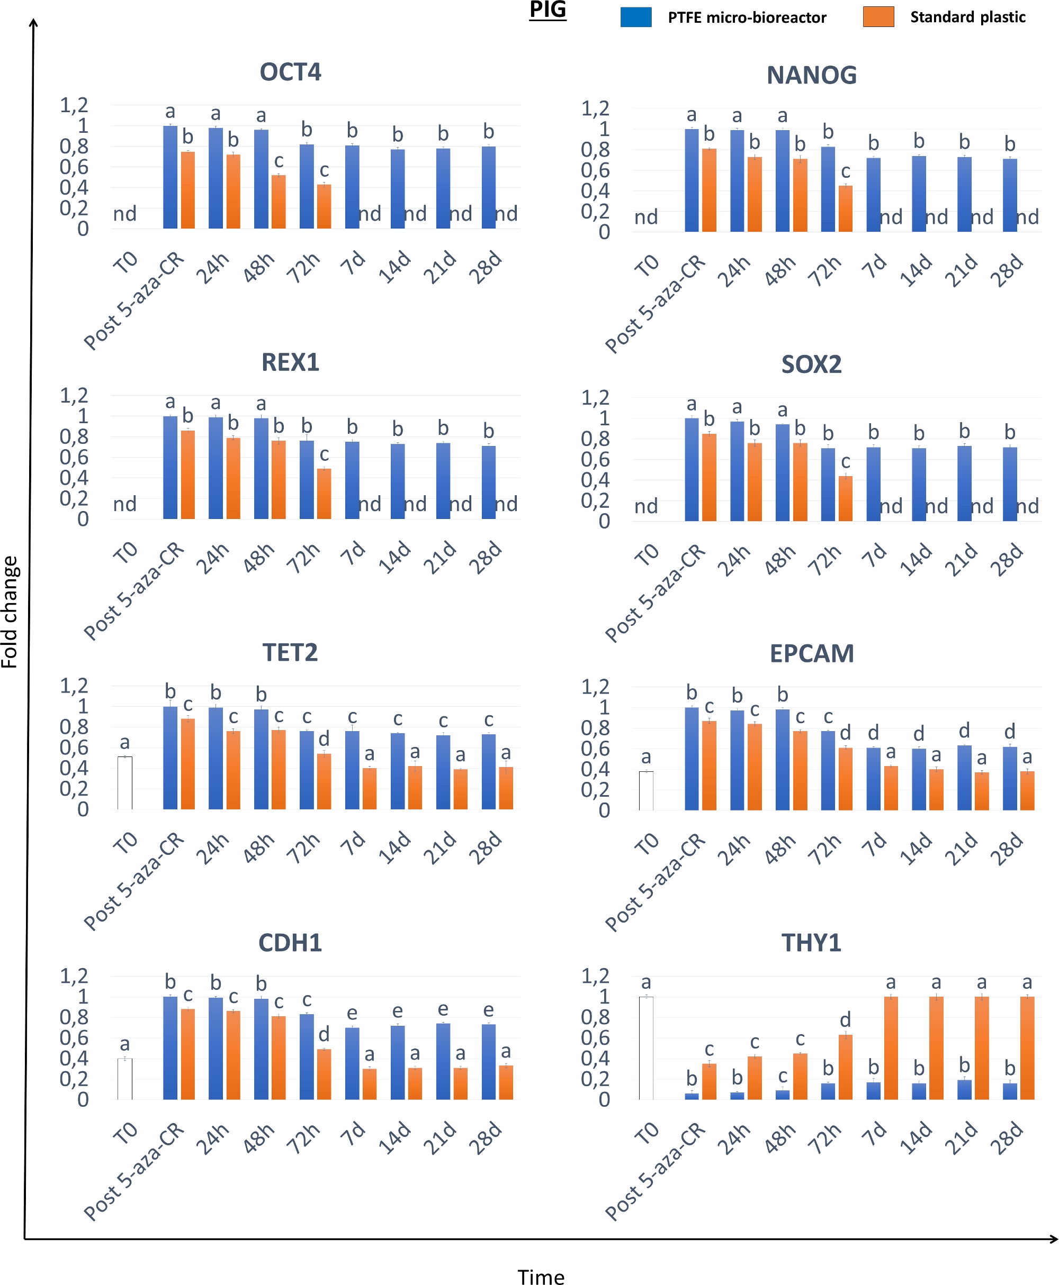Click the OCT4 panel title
[x=290, y=72]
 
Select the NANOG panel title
[x=811, y=75]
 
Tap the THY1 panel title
[x=811, y=943]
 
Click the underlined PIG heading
[x=547, y=10]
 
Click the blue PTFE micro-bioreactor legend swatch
[x=635, y=17]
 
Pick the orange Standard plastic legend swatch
[x=878, y=17]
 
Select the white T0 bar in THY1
[x=646, y=1048]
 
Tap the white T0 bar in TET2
[x=125, y=783]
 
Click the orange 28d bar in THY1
[x=1027, y=1048]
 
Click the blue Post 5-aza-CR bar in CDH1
[x=170, y=1048]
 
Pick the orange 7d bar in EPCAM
[x=891, y=788]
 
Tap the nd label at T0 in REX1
[x=125, y=504]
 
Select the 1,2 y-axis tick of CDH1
[x=74, y=976]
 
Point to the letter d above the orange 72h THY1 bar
[x=846, y=1020]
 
